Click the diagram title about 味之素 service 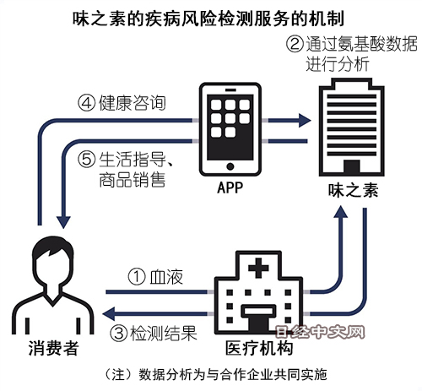point(208,19)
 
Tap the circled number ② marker point(295,44)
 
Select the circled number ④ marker point(86,103)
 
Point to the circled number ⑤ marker point(86,160)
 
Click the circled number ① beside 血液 point(137,276)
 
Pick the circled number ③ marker point(118,334)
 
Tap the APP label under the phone point(230,187)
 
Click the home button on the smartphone point(230,166)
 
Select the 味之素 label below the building point(353,191)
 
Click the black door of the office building point(352,166)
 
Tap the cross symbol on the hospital point(258,268)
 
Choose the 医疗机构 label point(259,348)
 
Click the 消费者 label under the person point(53,348)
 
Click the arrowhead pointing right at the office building point(304,121)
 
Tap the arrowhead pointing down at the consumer point(63,222)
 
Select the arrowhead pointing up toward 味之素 point(340,212)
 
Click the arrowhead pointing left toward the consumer point(108,313)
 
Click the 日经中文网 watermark point(320,332)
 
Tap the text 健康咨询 point(133,103)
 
